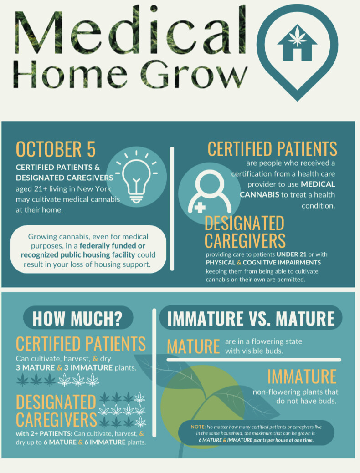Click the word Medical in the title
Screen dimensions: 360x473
pos(130,31)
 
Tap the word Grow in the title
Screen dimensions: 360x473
pos(194,74)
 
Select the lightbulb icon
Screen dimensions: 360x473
pos(137,177)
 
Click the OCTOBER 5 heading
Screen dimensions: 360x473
pos(56,149)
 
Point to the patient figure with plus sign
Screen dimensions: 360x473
pos(210,192)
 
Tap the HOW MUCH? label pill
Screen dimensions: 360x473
pos(78,318)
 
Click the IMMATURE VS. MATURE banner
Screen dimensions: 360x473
pos(251,318)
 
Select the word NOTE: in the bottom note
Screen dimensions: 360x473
pos(198,427)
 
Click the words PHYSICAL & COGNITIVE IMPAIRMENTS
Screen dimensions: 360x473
pos(263,262)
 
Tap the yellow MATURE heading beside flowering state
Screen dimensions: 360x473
pos(193,346)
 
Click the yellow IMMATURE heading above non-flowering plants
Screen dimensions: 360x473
pos(302,376)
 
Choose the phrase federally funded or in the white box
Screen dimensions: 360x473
pos(113,246)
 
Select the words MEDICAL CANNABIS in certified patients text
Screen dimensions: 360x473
pos(288,189)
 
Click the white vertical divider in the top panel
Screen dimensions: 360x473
pos(172,209)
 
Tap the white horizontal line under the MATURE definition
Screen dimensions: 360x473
pos(254,360)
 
